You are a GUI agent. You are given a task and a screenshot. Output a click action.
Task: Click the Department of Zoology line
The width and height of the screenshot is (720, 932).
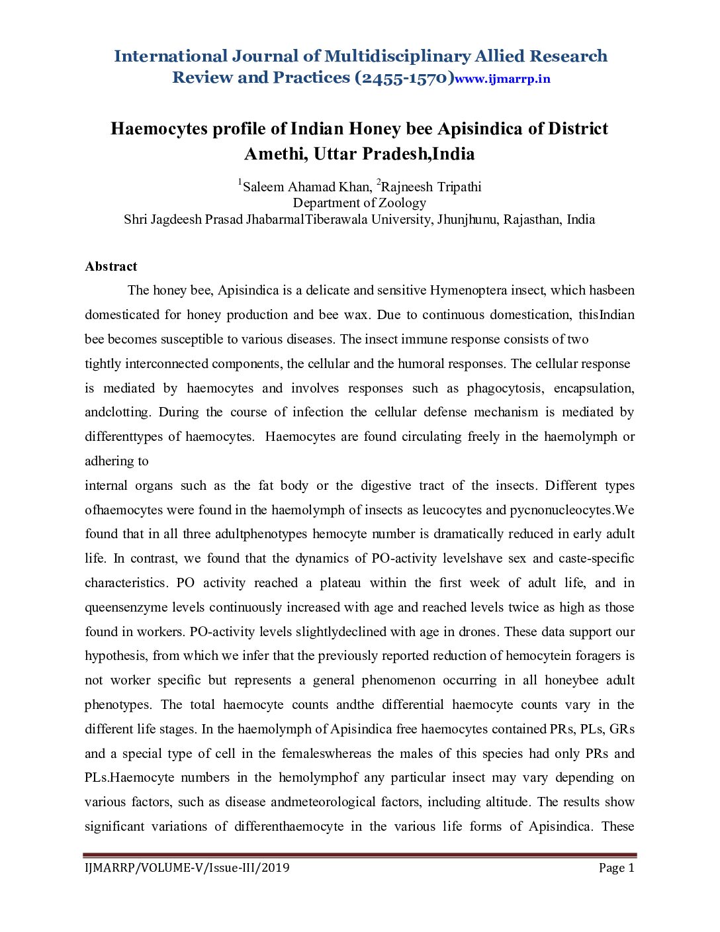(x=359, y=203)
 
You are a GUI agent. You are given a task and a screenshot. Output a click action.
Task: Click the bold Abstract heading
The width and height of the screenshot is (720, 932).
(x=111, y=267)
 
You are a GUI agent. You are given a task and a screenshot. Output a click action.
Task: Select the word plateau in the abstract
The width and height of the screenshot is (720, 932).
(x=340, y=583)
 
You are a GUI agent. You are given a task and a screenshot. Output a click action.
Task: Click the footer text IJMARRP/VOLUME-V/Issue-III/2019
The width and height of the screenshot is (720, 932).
(x=187, y=868)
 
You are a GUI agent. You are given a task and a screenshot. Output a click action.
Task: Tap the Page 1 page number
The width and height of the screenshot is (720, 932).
(x=616, y=868)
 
